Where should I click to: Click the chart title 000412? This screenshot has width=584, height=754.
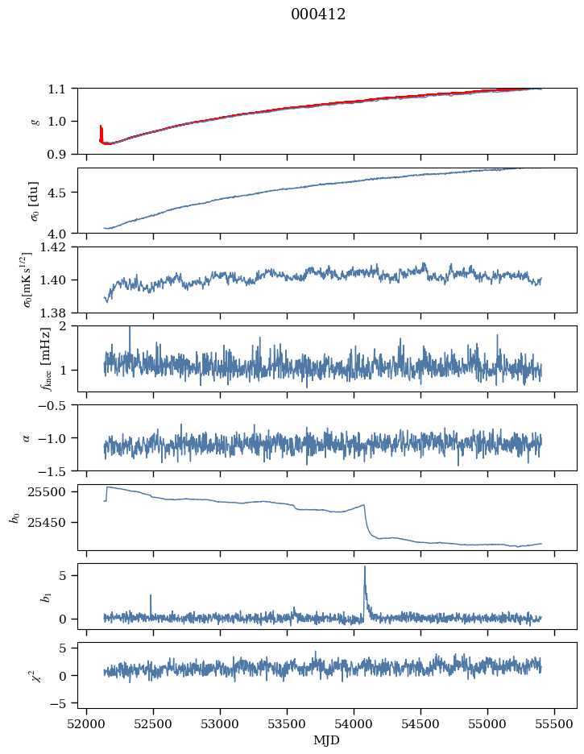coord(318,14)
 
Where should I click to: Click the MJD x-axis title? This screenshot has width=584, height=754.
coord(327,740)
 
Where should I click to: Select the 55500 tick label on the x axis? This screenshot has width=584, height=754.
coord(556,724)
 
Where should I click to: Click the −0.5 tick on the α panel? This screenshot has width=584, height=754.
coord(56,405)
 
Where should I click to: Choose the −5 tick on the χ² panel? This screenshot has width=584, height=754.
coord(63,703)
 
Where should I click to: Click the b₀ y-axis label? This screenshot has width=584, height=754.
coord(13,517)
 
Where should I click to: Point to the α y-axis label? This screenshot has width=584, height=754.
coord(26,437)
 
